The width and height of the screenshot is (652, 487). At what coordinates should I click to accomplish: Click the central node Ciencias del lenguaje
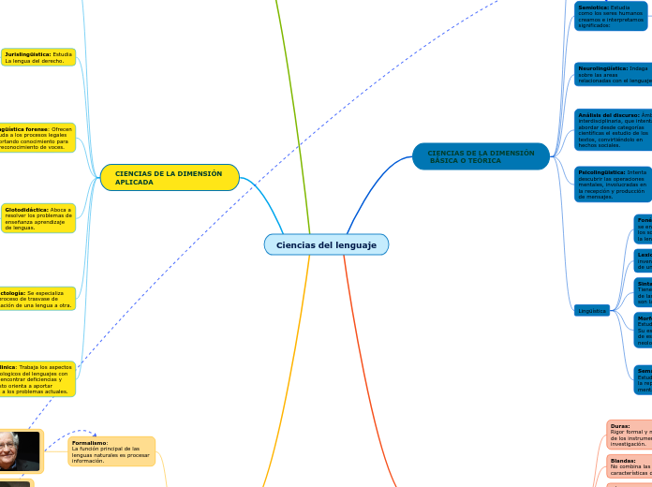[x=326, y=244]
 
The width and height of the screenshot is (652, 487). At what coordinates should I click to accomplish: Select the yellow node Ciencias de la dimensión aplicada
[x=170, y=177]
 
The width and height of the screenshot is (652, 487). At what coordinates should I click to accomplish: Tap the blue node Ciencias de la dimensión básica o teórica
[x=481, y=156]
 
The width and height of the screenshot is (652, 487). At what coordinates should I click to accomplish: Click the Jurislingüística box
[x=38, y=57]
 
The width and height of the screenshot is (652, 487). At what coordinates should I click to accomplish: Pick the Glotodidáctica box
[x=38, y=218]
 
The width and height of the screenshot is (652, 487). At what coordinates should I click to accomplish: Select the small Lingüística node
[x=592, y=311]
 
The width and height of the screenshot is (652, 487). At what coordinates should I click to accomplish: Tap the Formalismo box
[x=111, y=451]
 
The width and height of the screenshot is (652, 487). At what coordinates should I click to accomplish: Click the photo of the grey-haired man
[x=21, y=451]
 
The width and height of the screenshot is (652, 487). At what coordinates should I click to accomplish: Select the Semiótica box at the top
[x=611, y=16]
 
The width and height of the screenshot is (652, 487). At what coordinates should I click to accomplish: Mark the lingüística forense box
[x=37, y=137]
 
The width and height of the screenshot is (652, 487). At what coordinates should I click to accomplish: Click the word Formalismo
[x=90, y=442]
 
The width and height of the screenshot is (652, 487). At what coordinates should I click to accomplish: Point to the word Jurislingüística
[x=27, y=54]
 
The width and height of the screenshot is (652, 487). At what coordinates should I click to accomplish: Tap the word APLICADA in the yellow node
[x=134, y=182]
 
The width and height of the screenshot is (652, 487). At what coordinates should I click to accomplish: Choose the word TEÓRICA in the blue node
[x=484, y=161]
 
